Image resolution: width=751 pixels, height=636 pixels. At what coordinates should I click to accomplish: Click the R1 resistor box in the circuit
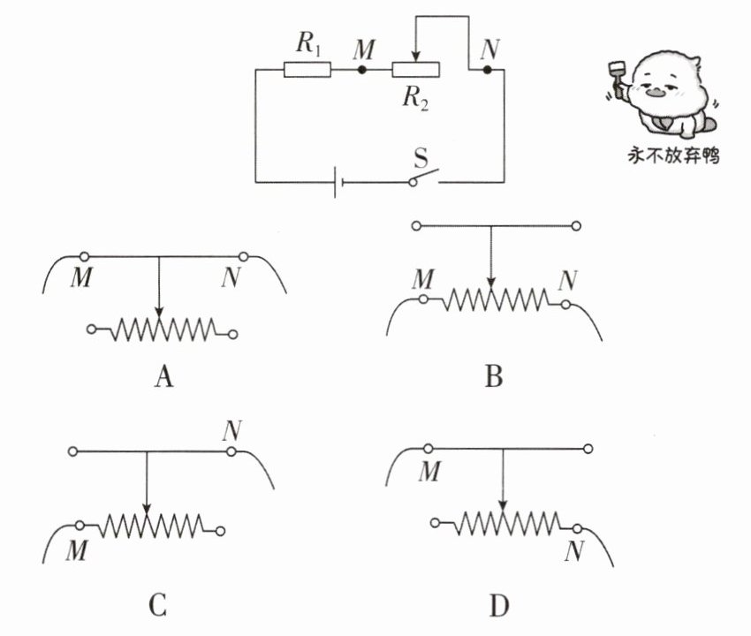point(307,70)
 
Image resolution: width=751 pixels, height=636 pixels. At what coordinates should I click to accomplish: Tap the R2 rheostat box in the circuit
point(416,70)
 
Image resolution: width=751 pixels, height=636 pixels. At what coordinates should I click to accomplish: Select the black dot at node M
point(362,70)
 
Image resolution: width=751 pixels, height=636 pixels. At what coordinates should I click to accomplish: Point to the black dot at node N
point(487,70)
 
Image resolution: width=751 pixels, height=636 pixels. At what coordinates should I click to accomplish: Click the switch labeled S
point(424,178)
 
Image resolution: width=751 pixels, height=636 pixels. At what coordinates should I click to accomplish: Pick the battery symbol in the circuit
point(338,183)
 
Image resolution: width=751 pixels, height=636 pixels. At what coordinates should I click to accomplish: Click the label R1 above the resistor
point(308,43)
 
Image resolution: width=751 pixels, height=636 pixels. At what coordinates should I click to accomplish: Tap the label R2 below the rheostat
point(415,98)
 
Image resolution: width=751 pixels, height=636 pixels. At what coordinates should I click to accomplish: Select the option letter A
point(163,376)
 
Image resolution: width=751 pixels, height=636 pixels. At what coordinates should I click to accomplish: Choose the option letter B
point(494,376)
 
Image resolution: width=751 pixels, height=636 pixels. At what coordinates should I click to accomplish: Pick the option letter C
point(158,605)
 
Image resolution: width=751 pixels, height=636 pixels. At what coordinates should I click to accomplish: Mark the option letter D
point(499,606)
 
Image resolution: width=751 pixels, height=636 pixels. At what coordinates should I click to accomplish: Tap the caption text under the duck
point(673,156)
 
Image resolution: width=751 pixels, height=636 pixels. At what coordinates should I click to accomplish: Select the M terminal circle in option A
point(84,257)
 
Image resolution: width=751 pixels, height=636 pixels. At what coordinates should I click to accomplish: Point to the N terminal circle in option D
point(578,529)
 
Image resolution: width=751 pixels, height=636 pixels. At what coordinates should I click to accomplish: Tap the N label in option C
point(231,430)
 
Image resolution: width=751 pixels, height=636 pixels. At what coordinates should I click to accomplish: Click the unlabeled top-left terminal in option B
point(417,225)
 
